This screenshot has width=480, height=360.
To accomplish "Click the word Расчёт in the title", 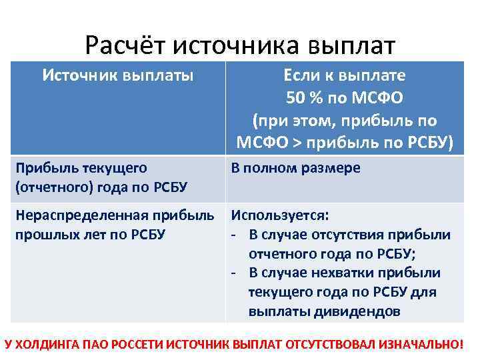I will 125,46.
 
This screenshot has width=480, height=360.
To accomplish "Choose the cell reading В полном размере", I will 295,168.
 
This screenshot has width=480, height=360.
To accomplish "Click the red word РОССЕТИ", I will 134,345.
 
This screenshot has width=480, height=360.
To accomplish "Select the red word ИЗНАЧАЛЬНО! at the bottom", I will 420,345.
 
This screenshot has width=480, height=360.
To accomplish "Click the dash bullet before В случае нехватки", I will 235,272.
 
